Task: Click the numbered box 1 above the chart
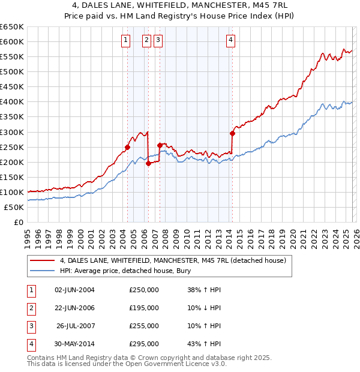(x=126, y=40)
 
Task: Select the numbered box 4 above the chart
(x=231, y=40)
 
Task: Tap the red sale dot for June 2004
(x=127, y=147)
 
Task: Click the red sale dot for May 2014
(x=232, y=133)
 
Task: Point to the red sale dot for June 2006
(x=148, y=163)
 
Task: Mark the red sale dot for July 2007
(x=160, y=145)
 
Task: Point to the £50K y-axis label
(x=14, y=207)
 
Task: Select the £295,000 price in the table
(x=144, y=344)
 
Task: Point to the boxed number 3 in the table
(x=30, y=326)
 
